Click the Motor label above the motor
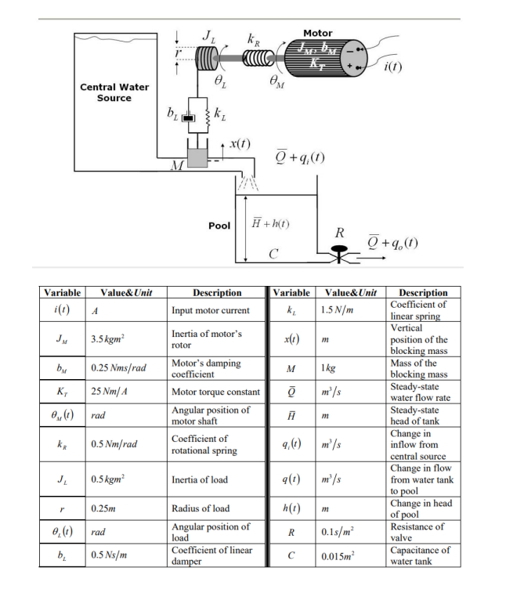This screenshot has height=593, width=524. click(x=317, y=33)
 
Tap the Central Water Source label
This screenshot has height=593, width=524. click(x=114, y=92)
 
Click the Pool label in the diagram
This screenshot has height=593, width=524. click(x=219, y=225)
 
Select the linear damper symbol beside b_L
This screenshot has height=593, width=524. click(x=187, y=117)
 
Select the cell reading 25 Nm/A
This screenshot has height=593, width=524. click(x=110, y=392)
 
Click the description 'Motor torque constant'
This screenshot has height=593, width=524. click(x=215, y=392)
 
